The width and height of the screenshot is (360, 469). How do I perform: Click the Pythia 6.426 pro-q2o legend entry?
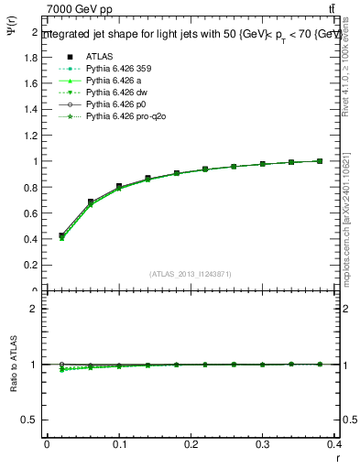coord(122,118)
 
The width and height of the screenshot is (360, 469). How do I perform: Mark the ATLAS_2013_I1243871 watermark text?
coord(191,274)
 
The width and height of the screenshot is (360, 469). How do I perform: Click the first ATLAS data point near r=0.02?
coord(61,235)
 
